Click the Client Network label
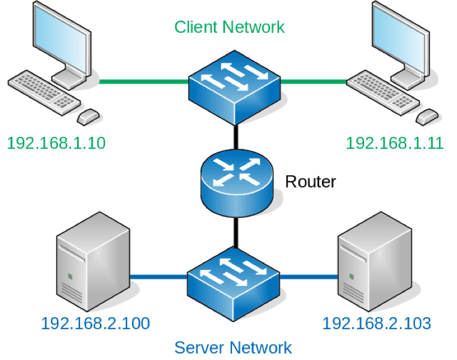[229, 27]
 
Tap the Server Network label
[233, 347]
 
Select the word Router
[310, 182]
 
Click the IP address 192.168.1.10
[56, 143]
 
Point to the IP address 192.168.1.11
[394, 143]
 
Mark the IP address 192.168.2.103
[376, 323]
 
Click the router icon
[236, 181]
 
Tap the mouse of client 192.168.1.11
[428, 116]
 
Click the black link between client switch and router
[236, 138]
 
